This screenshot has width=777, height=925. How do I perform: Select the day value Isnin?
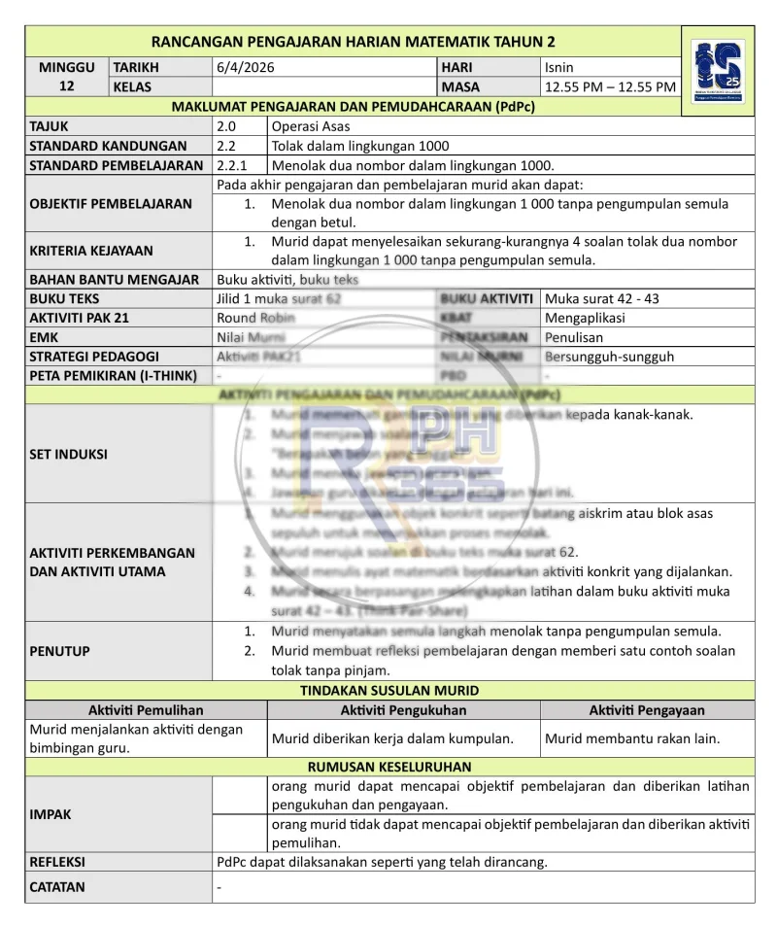pyautogui.click(x=559, y=68)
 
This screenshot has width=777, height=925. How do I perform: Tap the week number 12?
pyautogui.click(x=67, y=86)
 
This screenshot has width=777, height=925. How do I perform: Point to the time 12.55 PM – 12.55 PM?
pyautogui.click(x=610, y=87)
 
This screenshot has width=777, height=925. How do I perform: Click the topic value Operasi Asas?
pyautogui.click(x=312, y=126)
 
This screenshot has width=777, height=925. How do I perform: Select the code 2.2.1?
pyautogui.click(x=232, y=165)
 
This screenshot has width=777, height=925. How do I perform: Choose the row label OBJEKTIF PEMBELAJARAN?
pyautogui.click(x=111, y=204)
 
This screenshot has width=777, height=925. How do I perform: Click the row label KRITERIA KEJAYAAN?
pyautogui.click(x=91, y=251)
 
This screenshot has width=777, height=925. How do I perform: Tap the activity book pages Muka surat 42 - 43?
pyautogui.click(x=602, y=298)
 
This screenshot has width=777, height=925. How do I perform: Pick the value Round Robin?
pyautogui.click(x=251, y=318)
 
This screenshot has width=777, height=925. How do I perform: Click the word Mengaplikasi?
pyautogui.click(x=585, y=318)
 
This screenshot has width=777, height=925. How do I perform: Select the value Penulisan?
pyautogui.click(x=574, y=337)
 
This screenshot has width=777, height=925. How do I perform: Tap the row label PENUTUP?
pyautogui.click(x=57, y=651)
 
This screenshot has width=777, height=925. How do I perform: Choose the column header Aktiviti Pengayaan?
pyautogui.click(x=647, y=710)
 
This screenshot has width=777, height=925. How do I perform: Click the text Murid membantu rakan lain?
pyautogui.click(x=632, y=738)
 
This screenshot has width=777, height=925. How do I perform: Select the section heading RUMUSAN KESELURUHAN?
pyautogui.click(x=389, y=767)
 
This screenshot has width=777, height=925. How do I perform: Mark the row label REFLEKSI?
pyautogui.click(x=57, y=861)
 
